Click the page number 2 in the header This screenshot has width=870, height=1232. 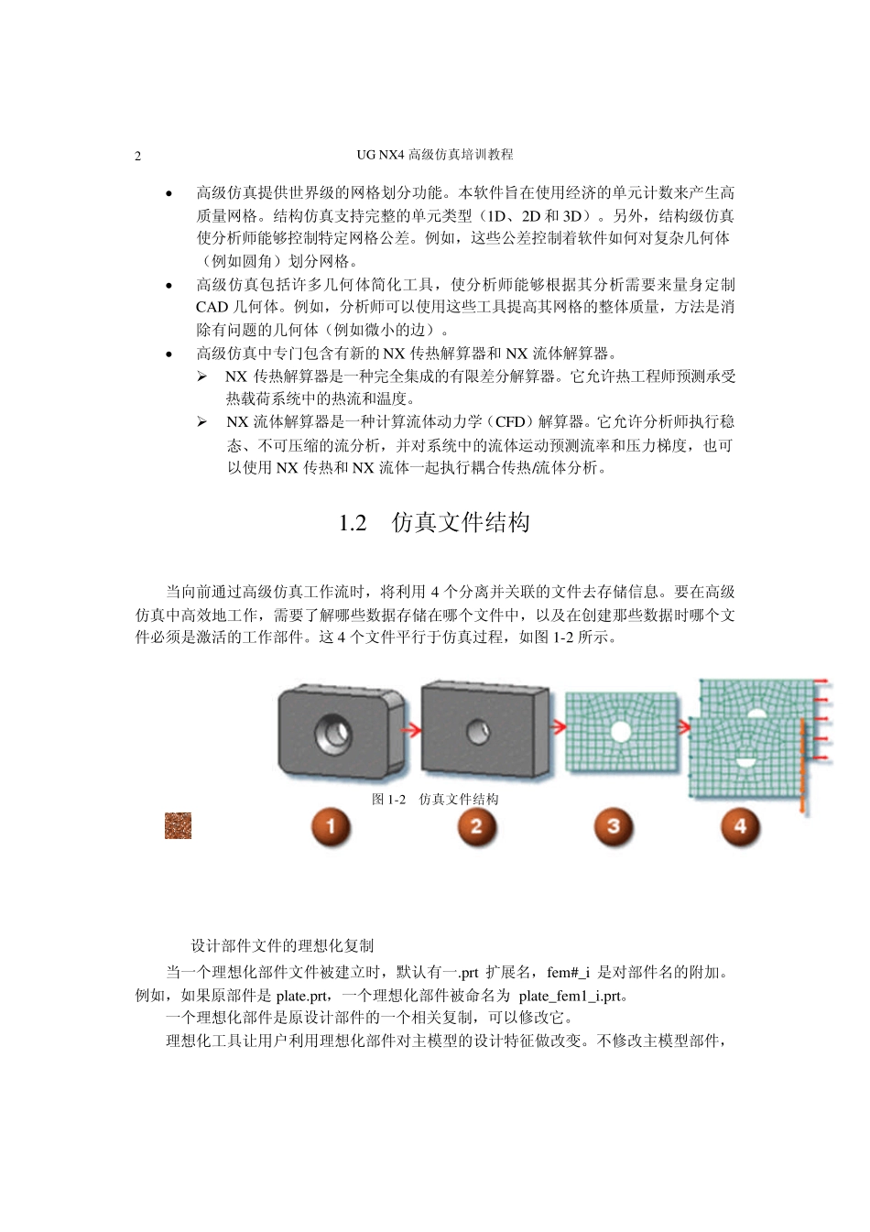click(138, 156)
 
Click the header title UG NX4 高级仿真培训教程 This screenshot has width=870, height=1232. click(434, 155)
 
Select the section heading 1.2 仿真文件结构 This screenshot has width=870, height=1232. click(434, 523)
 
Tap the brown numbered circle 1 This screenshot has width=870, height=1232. click(331, 827)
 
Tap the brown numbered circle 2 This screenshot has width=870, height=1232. click(475, 827)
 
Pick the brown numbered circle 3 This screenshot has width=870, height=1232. click(613, 827)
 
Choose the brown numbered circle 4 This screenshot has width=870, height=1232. click(740, 827)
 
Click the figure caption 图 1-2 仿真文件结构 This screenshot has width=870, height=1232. click(435, 799)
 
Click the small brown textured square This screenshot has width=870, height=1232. click(178, 825)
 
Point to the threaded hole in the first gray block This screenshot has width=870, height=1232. click(332, 732)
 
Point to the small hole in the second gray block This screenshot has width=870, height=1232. click(478, 731)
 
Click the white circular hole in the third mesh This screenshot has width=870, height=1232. click(621, 731)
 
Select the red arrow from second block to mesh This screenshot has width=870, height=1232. click(558, 729)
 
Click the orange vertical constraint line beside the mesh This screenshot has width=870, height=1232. click(801, 767)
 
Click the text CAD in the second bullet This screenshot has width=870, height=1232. click(212, 307)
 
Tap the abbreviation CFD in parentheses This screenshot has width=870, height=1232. click(510, 422)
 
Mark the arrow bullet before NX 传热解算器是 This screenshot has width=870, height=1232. click(201, 376)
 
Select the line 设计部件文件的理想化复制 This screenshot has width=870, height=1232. click(282, 945)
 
